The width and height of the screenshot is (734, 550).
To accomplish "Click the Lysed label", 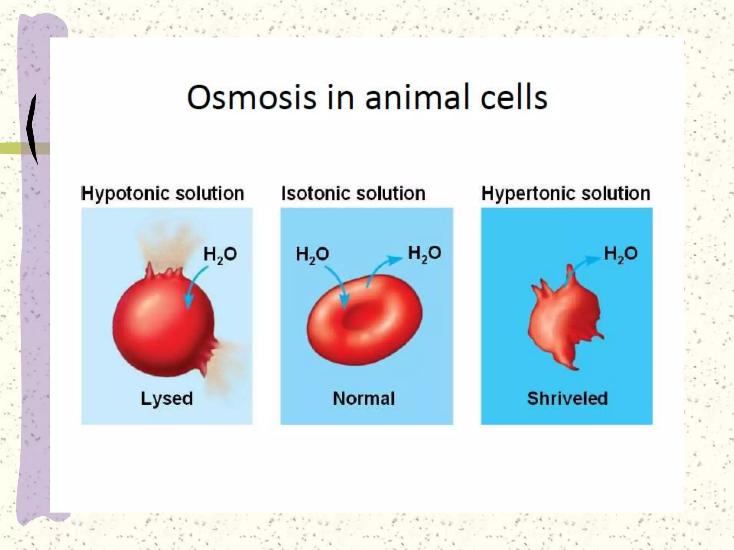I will pyautogui.click(x=167, y=399).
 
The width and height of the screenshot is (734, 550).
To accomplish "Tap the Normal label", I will pyautogui.click(x=364, y=399).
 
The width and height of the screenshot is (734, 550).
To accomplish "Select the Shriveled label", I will pyautogui.click(x=567, y=399).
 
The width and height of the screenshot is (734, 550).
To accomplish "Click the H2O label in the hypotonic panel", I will pyautogui.click(x=220, y=255).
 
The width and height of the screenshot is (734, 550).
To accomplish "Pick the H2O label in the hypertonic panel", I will pyautogui.click(x=621, y=254).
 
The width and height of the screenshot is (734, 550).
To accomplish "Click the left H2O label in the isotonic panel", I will pyautogui.click(x=312, y=255).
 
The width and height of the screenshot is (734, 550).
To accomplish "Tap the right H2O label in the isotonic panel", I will pyautogui.click(x=424, y=254).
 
